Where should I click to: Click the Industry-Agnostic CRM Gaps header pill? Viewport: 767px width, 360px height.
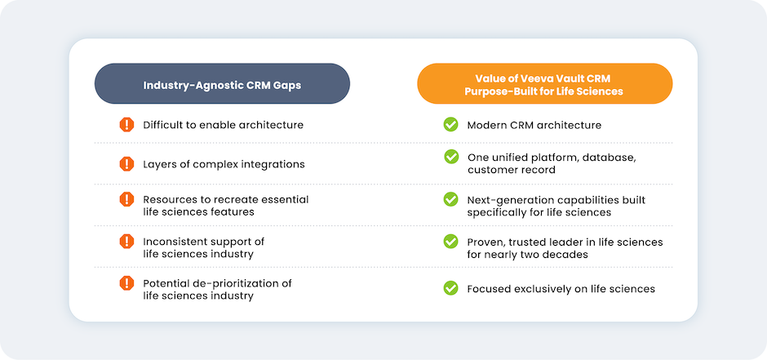[x=222, y=83]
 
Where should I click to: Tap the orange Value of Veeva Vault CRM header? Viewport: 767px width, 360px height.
[x=544, y=83]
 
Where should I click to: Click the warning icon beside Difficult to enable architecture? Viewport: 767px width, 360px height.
[x=126, y=125]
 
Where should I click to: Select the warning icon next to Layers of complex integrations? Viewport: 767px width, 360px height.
[x=126, y=164]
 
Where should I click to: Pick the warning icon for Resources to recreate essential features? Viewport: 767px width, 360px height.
[x=126, y=199]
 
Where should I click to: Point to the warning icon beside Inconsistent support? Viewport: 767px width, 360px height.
[x=126, y=241]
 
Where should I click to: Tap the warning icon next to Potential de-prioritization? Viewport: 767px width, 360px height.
[x=126, y=283]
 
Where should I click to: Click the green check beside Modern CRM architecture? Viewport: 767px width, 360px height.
[x=450, y=125]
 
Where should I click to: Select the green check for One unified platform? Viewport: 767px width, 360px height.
[x=451, y=157]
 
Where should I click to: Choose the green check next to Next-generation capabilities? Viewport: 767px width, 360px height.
[x=450, y=199]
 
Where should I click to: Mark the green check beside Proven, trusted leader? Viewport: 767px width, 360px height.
[x=450, y=241]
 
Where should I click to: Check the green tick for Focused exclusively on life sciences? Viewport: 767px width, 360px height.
[x=450, y=288]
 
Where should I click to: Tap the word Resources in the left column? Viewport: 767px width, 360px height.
[x=165, y=199]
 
